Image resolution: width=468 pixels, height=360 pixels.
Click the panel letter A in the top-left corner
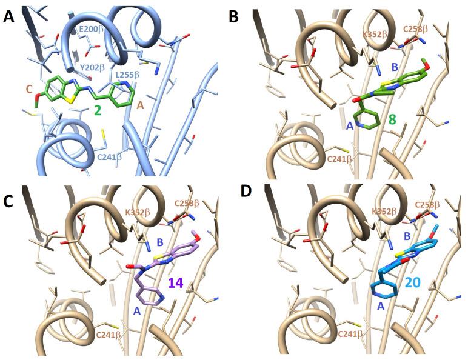[8, 16]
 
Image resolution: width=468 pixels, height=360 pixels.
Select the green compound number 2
[97, 110]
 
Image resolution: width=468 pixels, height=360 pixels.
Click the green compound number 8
[392, 120]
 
